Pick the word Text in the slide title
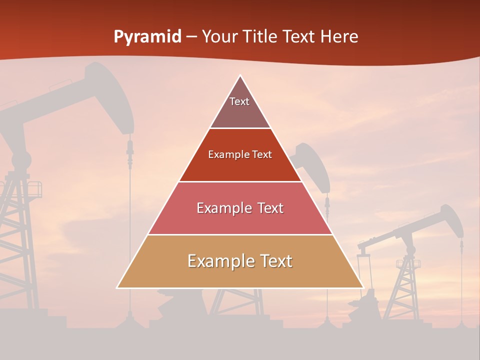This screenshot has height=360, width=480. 299,37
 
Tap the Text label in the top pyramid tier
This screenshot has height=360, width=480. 239,101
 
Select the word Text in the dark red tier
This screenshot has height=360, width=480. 262,155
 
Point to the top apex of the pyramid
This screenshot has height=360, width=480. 240,75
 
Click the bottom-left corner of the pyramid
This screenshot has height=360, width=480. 117,287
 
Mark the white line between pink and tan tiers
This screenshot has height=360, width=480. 240,234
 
